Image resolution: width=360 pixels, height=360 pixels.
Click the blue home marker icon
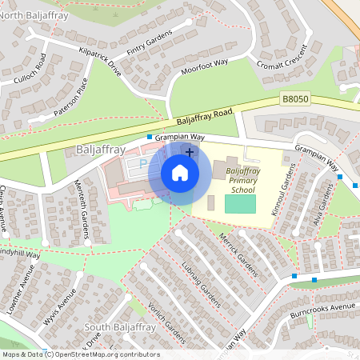click(x=180, y=173)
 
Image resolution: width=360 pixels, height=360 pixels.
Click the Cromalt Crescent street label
click(x=281, y=54)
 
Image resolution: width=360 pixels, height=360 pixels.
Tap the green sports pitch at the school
click(x=240, y=205)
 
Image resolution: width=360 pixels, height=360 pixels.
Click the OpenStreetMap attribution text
click(x=81, y=354)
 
